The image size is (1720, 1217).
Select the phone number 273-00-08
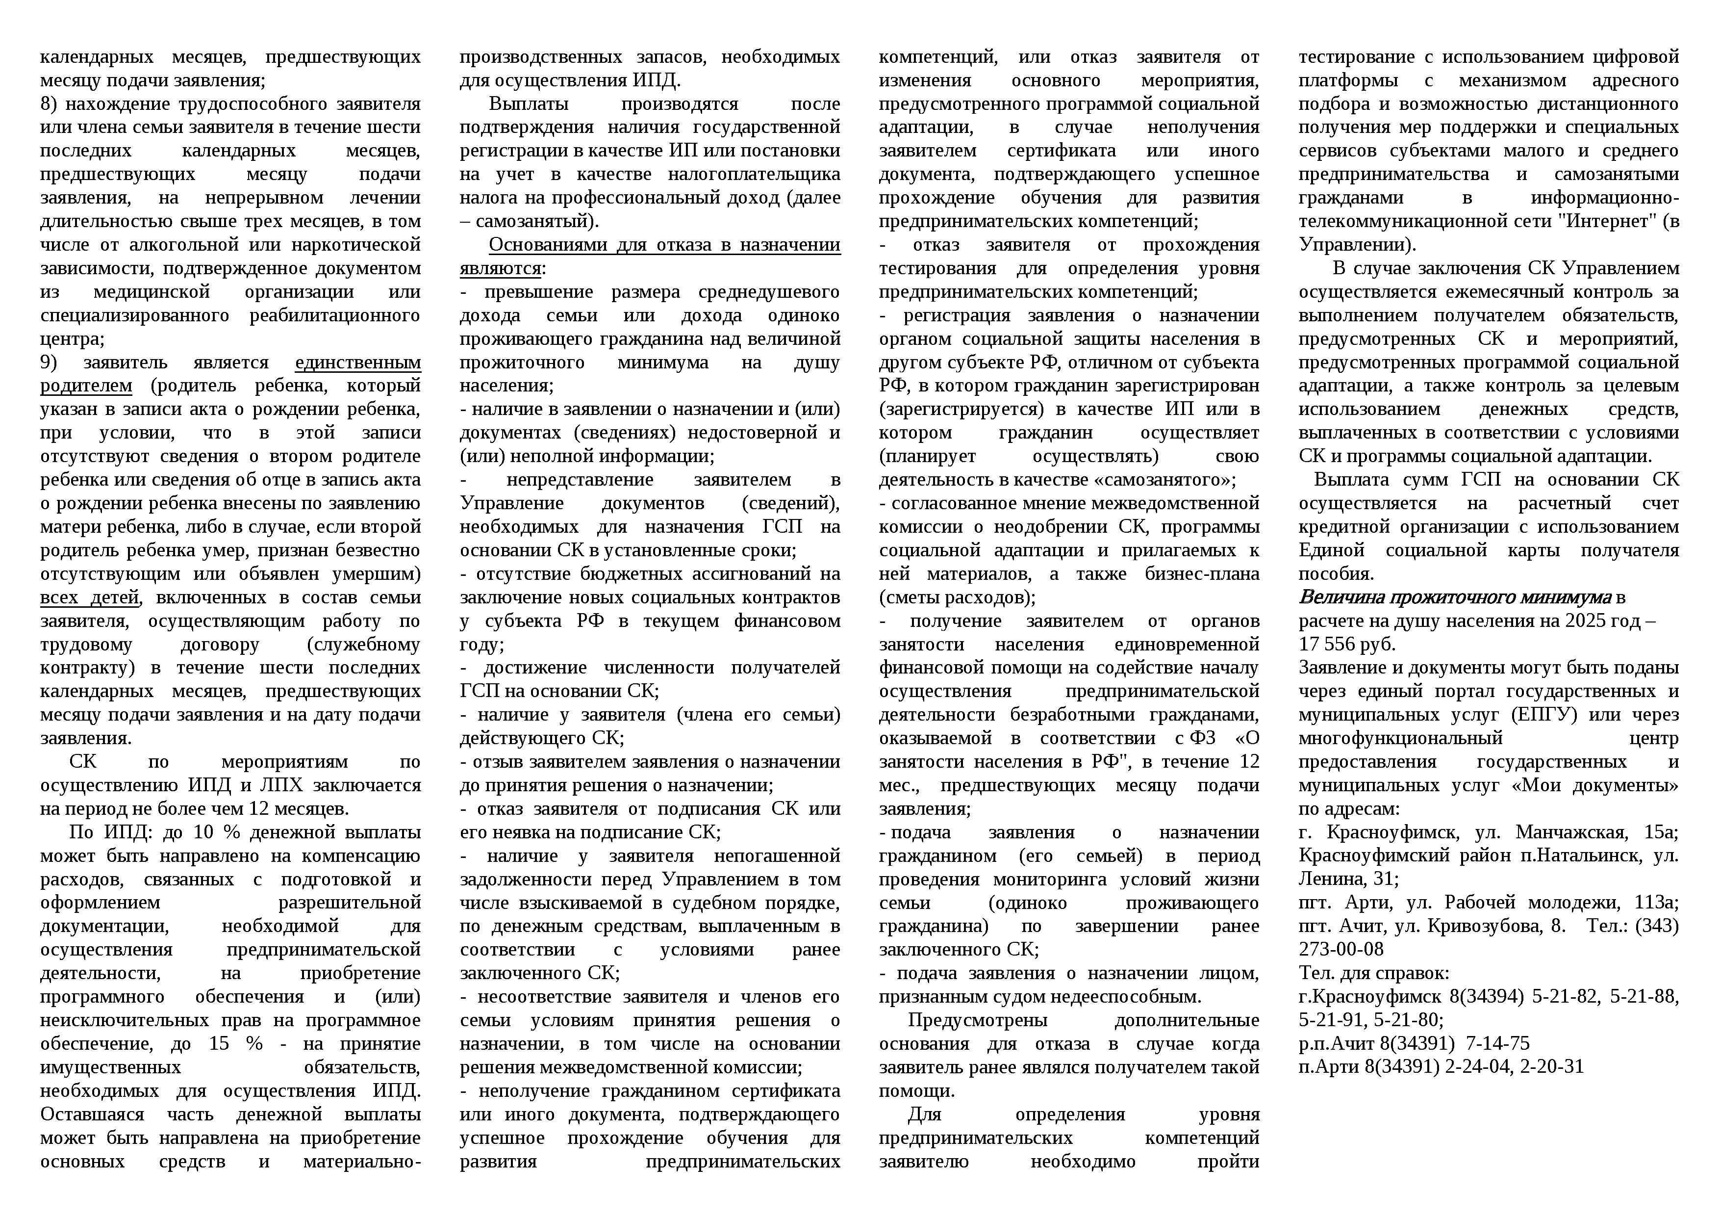[1341, 950]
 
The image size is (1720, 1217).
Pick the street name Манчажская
[1571, 832]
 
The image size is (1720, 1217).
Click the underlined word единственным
[358, 363]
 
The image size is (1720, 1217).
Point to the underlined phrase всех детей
[90, 598]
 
